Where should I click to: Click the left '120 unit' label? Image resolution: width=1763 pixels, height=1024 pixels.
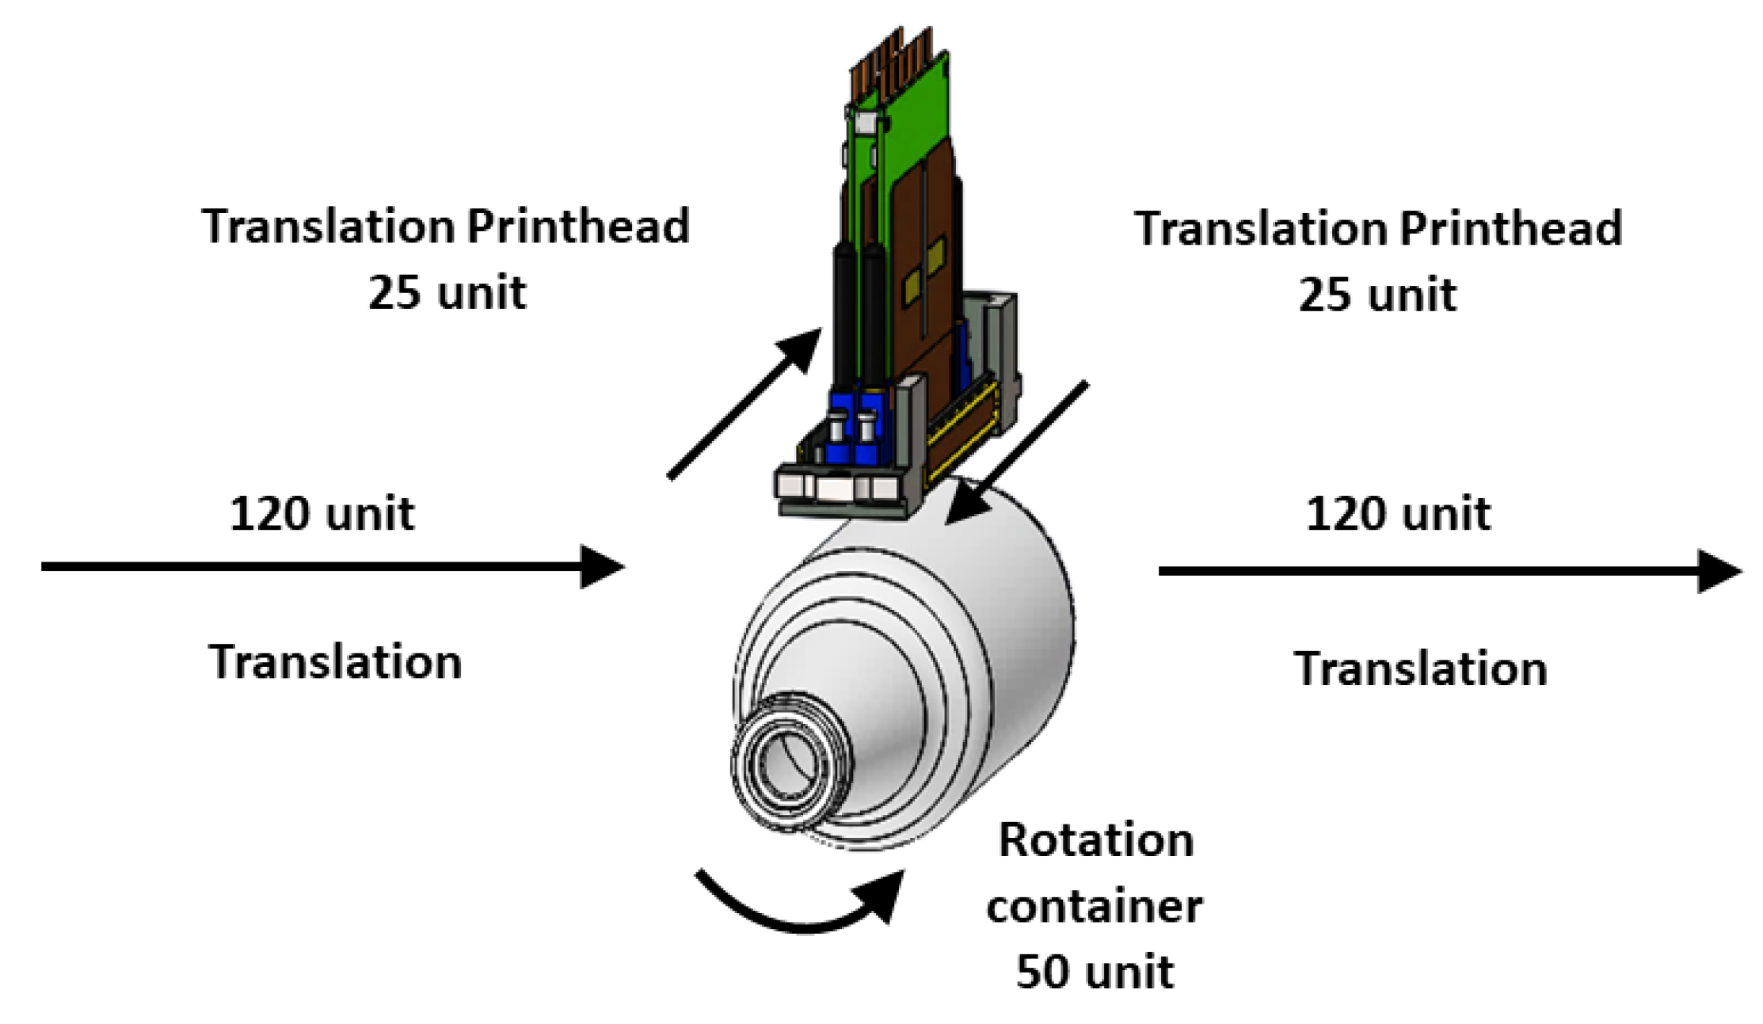point(322,513)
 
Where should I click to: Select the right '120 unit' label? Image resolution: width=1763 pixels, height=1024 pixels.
point(1397,513)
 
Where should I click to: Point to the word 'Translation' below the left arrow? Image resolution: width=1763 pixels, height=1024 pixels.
point(335,661)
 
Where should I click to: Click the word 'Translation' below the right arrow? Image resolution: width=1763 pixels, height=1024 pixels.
point(1419,668)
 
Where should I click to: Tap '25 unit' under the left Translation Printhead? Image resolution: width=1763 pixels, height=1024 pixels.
point(447,292)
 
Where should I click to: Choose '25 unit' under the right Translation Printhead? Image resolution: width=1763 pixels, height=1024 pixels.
point(1377,295)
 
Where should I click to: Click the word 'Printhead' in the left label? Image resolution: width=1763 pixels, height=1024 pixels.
point(578,226)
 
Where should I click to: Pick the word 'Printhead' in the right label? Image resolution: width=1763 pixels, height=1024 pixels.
point(1510,229)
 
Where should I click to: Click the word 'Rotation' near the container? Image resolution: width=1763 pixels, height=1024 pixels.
point(1095,839)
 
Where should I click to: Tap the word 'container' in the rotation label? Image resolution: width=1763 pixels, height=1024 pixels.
point(1094,905)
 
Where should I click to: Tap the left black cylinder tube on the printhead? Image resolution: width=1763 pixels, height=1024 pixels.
point(844,317)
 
